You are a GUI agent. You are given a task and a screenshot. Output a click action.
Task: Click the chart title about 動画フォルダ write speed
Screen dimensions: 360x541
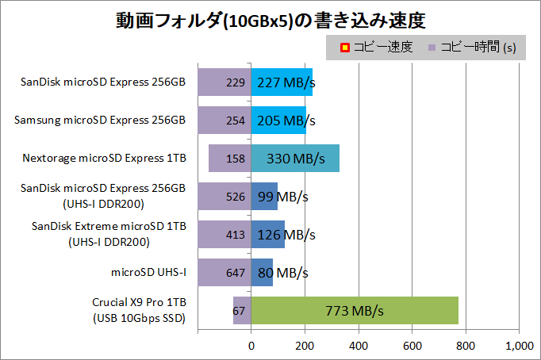tap(270, 19)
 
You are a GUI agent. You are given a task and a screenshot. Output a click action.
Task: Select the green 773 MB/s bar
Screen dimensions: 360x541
tap(355, 311)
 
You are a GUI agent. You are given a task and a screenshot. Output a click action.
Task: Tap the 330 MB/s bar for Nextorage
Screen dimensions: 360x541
tap(295, 159)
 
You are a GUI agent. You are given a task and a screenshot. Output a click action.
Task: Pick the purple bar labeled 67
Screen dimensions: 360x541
tap(241, 311)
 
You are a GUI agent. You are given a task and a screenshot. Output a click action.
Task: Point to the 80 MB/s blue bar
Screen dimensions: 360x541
tap(262, 273)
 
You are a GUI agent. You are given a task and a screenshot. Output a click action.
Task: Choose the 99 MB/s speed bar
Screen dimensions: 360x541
tap(264, 197)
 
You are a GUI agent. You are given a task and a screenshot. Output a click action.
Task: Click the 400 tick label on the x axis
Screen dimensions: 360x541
tap(359, 346)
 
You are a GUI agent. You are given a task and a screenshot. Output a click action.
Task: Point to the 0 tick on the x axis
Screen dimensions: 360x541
tap(251, 346)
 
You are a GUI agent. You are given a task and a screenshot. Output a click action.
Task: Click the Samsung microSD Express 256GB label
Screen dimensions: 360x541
tap(100, 120)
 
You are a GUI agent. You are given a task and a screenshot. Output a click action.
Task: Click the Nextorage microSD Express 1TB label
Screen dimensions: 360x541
tap(105, 159)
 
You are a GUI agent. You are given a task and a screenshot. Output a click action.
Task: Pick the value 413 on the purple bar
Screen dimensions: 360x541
tap(235, 235)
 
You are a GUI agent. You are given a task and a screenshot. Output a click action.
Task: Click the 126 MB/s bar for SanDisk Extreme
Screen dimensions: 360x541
tap(268, 235)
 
